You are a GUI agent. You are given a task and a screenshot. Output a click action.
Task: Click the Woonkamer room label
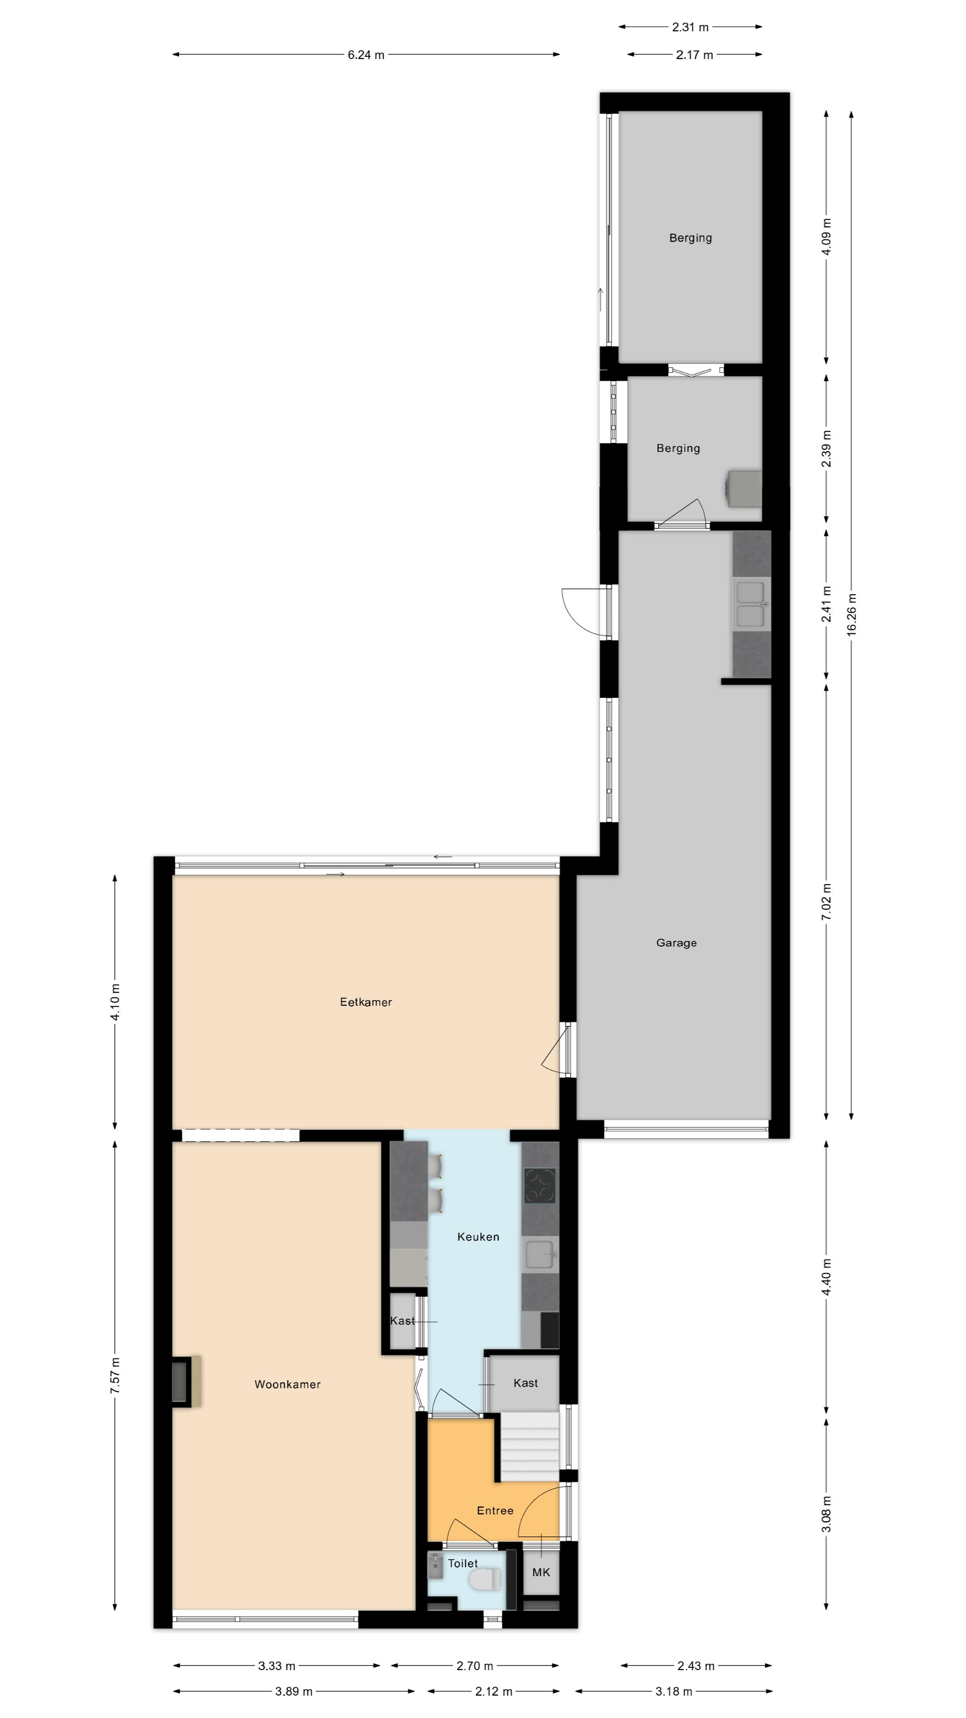tap(287, 1385)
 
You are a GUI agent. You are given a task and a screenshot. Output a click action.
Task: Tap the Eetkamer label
tap(366, 1002)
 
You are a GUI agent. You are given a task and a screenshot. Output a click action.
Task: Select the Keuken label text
tap(478, 1237)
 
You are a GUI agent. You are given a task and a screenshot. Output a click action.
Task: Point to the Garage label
tap(677, 943)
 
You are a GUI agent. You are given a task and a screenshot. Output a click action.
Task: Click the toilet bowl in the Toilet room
tap(485, 1579)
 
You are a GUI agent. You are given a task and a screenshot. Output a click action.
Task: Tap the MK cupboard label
tap(541, 1572)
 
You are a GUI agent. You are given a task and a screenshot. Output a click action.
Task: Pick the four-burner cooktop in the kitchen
tap(539, 1185)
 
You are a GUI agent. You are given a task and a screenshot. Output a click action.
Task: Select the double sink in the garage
tap(751, 605)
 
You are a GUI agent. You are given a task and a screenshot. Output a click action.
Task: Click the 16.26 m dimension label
tap(852, 615)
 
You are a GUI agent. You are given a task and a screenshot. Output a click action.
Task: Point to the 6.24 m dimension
tap(366, 55)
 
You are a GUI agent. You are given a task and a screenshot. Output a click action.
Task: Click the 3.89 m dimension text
tap(294, 1691)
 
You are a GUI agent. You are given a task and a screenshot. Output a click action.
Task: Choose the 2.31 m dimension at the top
tap(690, 27)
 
